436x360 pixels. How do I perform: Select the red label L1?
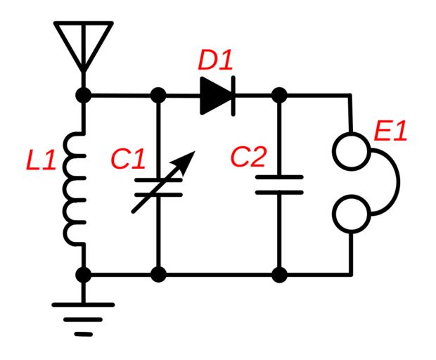(41, 161)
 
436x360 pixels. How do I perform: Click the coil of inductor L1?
(74, 190)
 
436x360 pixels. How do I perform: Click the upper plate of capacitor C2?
(279, 177)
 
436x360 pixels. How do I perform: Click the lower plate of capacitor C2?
(279, 191)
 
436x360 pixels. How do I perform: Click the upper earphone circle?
(350, 150)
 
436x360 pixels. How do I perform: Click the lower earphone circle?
(350, 214)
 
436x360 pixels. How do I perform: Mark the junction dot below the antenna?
(84, 95)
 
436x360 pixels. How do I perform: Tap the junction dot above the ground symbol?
(84, 274)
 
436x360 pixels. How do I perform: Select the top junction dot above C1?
(159, 95)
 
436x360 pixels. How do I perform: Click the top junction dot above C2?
(279, 95)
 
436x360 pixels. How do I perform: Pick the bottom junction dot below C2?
(279, 274)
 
